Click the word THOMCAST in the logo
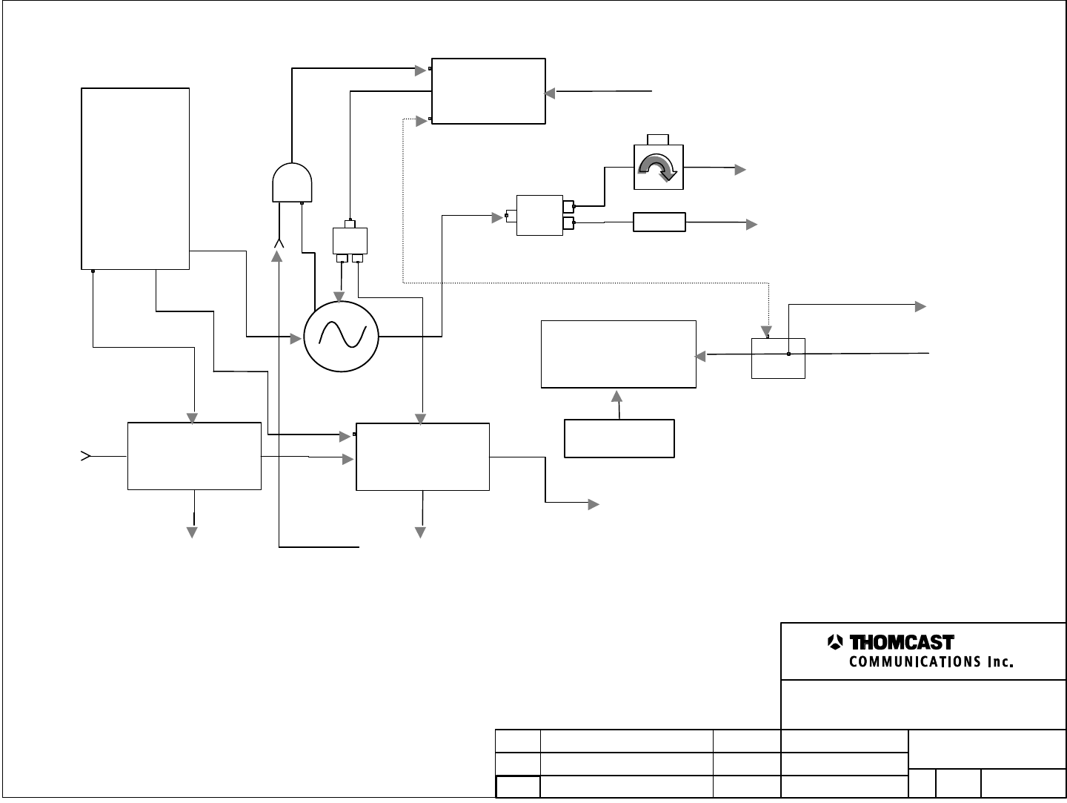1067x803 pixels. pos(900,642)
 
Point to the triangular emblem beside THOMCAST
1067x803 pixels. pos(835,642)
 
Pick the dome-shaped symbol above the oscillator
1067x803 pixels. pos(293,182)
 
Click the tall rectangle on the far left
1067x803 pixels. pos(135,178)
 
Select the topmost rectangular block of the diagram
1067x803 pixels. pos(488,90)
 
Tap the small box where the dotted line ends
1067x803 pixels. pos(778,357)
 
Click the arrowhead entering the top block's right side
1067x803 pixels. pos(550,93)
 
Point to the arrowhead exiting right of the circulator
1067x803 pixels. pos(739,170)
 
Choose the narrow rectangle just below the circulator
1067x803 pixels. pos(659,222)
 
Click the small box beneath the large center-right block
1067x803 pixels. pos(619,438)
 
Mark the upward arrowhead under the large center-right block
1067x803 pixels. pos(616,396)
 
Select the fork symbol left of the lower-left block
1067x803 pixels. pos(85,455)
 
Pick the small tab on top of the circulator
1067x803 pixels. pos(658,139)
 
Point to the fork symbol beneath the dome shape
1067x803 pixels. pos(279,243)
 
